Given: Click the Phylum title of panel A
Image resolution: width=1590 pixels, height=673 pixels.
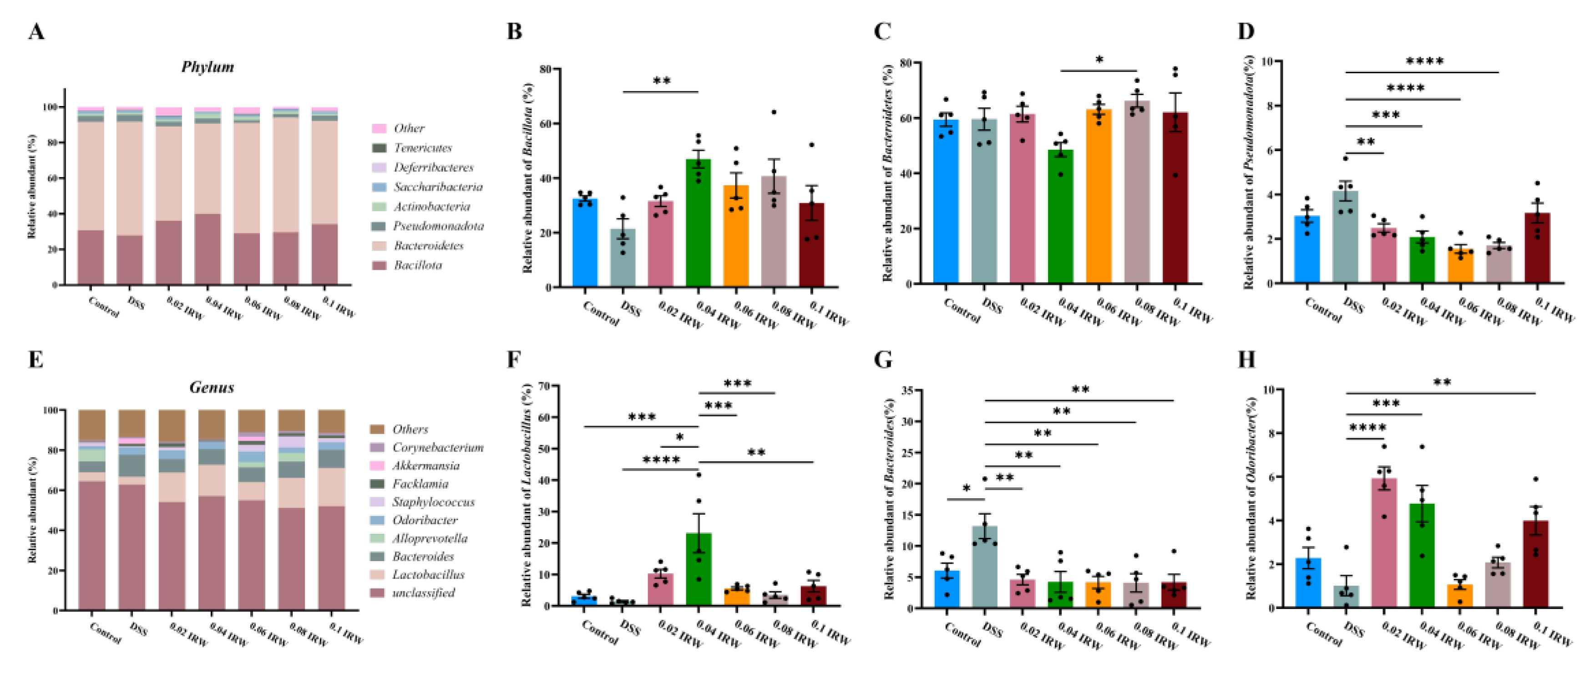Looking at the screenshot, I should (x=208, y=67).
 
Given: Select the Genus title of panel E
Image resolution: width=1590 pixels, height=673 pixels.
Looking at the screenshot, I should (x=211, y=387).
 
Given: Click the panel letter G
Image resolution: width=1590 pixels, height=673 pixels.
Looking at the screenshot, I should (x=883, y=359).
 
